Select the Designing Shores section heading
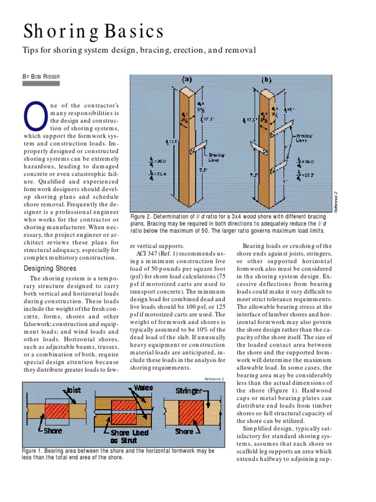click(x=50, y=268)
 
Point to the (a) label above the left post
click(x=187, y=79)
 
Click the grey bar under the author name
click(x=42, y=84)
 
